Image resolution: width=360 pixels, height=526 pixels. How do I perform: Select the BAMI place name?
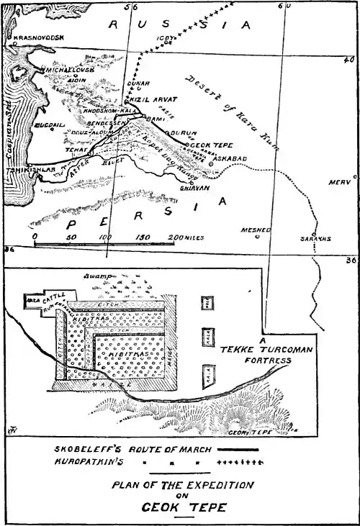pos(156,118)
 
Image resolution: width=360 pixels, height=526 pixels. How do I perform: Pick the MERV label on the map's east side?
pos(339,182)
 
